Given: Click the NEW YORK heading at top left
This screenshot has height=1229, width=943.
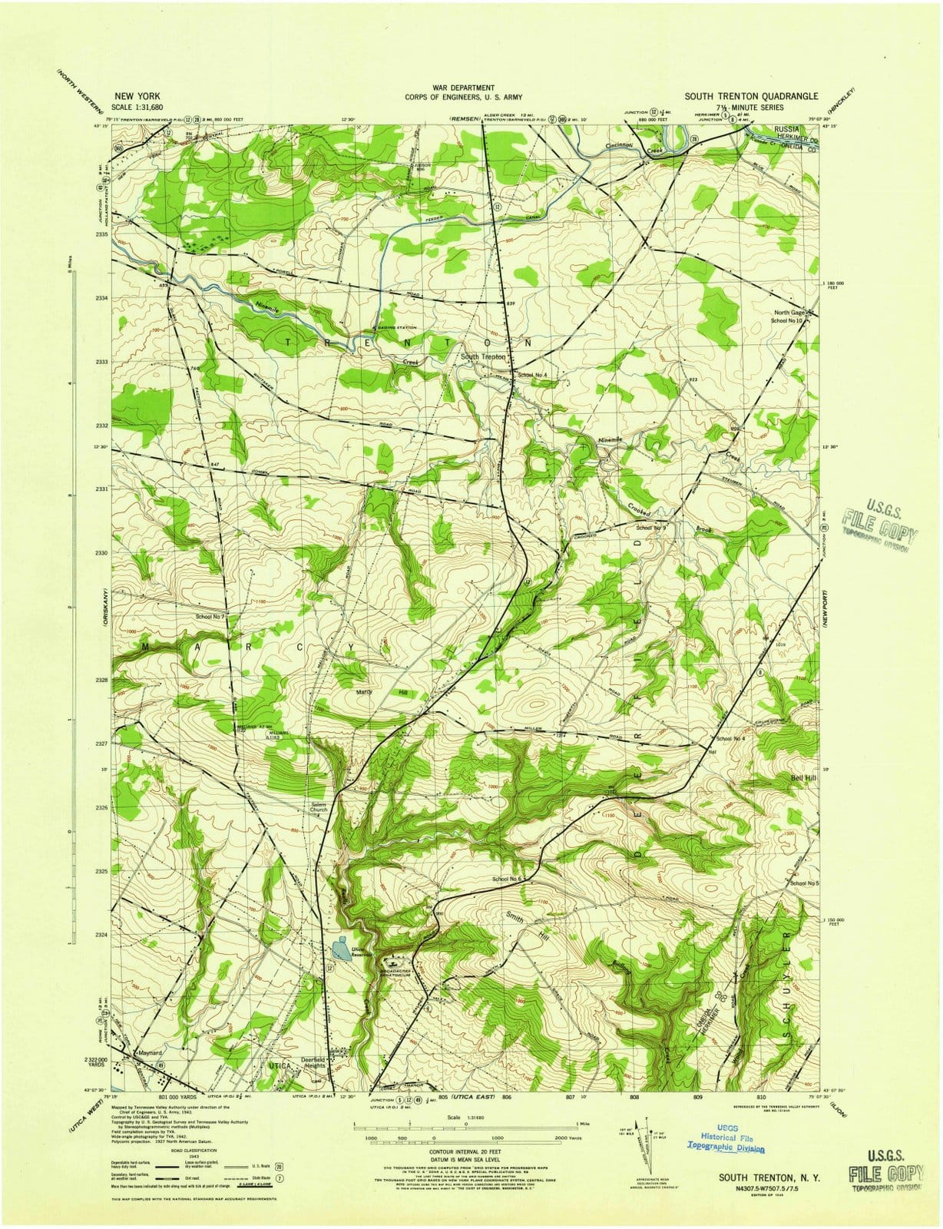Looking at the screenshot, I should pos(134,98).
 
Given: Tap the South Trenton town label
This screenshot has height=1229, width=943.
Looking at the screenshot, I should pos(482,357).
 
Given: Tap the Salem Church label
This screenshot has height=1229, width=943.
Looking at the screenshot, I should pos(319,807).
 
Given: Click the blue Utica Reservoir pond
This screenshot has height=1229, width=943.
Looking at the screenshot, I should pos(341,952).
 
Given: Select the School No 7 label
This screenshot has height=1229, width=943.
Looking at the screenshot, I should pos(210,617).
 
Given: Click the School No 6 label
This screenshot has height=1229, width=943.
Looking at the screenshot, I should pos(508,878).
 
